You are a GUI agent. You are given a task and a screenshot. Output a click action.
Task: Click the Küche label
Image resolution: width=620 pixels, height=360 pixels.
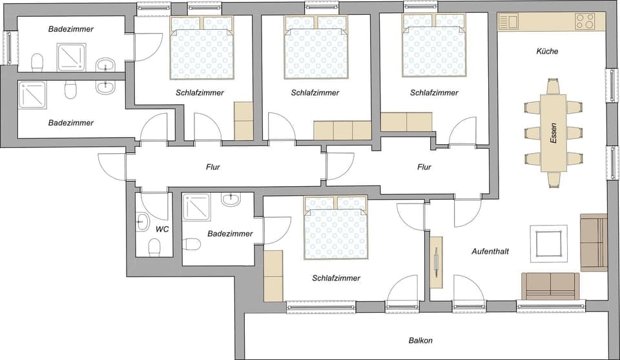coord(547,51)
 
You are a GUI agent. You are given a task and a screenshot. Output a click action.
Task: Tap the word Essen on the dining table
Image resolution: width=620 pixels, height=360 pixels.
coord(553,133)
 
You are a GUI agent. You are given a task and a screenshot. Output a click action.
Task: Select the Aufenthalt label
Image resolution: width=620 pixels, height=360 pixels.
coord(490,251)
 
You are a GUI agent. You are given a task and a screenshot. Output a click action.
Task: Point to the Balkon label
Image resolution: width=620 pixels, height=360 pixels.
coord(420,341)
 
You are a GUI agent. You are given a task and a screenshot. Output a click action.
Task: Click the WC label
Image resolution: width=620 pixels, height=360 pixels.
coord(161,229)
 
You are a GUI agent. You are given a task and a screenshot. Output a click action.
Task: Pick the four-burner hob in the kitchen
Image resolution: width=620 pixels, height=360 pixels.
coord(584,21)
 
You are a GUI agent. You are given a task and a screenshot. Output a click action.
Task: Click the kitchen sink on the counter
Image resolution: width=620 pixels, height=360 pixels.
coord(508,21)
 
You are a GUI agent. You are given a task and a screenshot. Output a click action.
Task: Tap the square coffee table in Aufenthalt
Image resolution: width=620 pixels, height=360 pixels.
coord(549,244)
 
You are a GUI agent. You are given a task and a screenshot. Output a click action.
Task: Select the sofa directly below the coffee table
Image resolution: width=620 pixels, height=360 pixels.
coord(550,285)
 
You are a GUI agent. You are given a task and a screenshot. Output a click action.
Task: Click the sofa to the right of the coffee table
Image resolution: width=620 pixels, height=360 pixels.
coord(594,242)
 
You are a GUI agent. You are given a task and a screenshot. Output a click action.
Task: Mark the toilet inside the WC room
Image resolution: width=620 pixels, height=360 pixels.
coord(154,247)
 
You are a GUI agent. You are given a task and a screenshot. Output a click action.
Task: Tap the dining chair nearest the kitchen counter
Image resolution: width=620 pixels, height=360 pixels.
coord(553,86)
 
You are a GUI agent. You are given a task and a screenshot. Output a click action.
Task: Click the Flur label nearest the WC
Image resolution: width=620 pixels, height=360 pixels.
coord(213,167)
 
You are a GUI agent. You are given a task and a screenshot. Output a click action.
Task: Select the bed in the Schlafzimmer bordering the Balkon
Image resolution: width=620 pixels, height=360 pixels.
coord(335,228)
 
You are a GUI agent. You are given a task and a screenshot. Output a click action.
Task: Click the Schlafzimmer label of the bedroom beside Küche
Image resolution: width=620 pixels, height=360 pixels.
coord(434,92)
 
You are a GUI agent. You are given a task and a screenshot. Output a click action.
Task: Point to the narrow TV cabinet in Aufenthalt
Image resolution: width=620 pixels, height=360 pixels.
coord(437,262)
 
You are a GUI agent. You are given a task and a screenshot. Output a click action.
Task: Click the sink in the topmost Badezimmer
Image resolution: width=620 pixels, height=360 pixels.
coord(105,65)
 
